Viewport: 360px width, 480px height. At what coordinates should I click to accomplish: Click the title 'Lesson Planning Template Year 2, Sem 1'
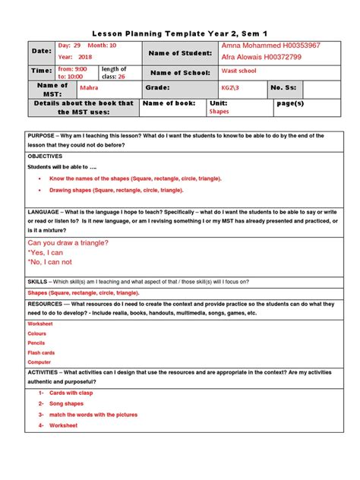179,34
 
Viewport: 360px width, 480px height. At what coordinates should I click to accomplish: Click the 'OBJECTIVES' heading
45,155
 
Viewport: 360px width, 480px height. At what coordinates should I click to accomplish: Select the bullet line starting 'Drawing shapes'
116,190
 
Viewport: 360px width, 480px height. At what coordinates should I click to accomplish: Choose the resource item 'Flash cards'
41,352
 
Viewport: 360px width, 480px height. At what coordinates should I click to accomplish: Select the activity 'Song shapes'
66,403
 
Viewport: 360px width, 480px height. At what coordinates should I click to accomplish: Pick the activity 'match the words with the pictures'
93,415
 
